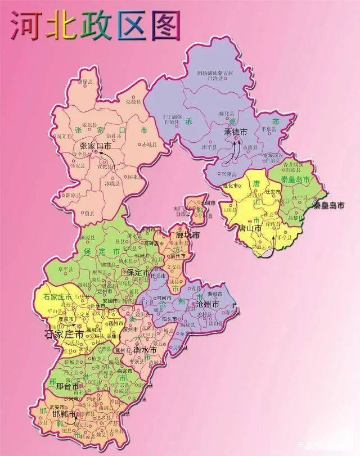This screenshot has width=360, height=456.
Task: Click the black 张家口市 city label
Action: click(96, 146)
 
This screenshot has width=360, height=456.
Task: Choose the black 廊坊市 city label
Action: click(188, 235)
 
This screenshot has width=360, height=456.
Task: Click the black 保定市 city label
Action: click(138, 272)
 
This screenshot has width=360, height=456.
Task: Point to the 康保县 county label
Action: click(84, 83)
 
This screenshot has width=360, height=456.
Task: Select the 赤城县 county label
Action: click(150, 145)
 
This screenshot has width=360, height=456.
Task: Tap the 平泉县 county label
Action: click(266, 128)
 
